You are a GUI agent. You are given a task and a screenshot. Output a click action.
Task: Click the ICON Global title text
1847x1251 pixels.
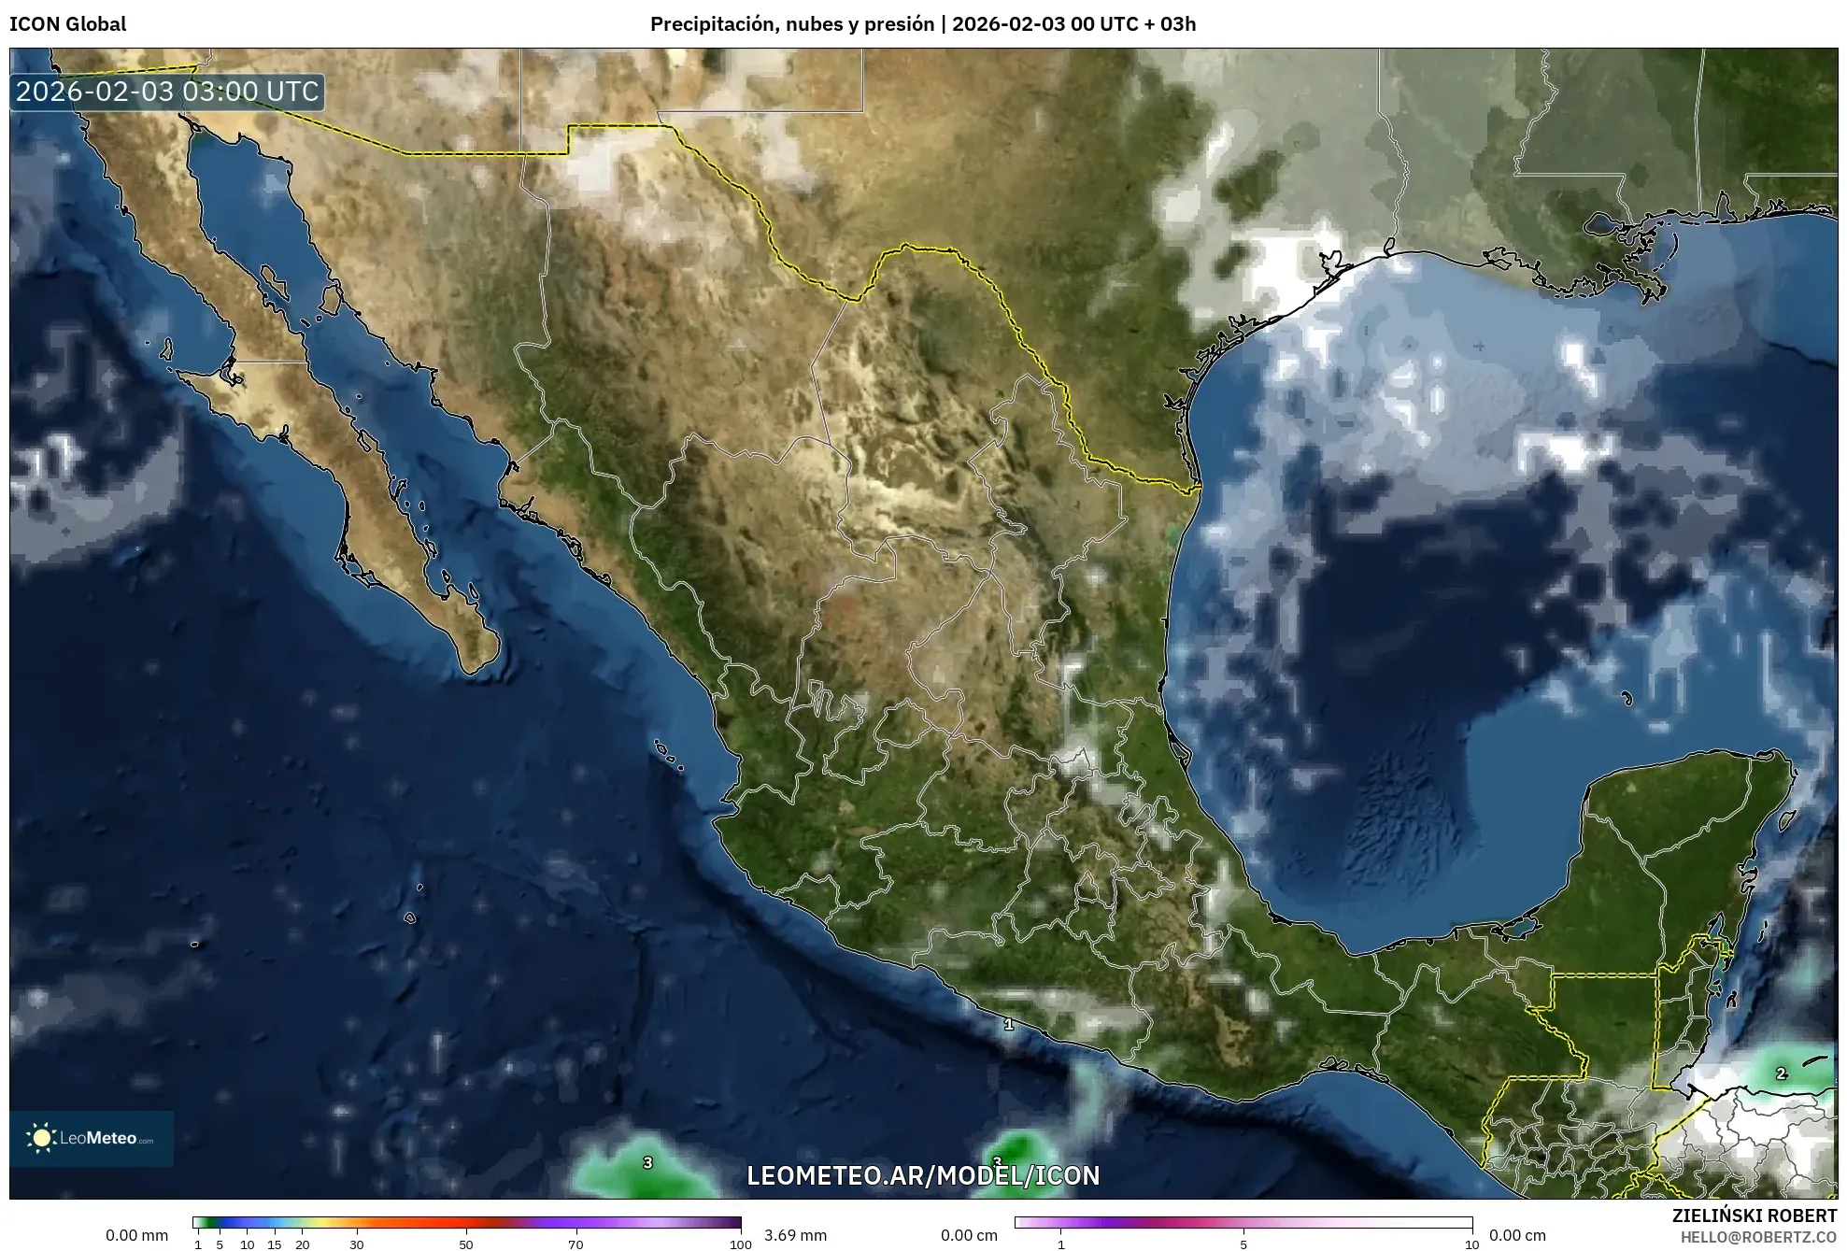point(67,24)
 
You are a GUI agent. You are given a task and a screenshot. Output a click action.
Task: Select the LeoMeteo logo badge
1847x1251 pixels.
point(92,1138)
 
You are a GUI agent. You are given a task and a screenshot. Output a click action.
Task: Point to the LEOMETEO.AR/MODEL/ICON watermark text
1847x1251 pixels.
point(923,1175)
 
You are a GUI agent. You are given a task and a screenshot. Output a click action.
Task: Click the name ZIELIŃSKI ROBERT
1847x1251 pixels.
point(1754,1215)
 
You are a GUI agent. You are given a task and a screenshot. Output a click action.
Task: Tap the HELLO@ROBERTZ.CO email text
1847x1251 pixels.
point(1758,1237)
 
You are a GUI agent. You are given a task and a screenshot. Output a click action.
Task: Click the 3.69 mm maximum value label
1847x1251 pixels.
point(795,1235)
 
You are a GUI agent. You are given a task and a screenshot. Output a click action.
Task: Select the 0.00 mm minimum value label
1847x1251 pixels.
point(136,1235)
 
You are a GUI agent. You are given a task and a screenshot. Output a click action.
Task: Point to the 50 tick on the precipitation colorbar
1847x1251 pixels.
point(466,1244)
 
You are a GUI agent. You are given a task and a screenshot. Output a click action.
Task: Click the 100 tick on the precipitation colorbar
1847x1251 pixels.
point(740,1244)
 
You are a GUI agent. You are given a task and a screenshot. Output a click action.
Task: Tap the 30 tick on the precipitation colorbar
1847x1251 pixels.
point(357,1244)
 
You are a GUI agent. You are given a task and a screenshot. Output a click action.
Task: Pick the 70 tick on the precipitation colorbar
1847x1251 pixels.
point(575,1244)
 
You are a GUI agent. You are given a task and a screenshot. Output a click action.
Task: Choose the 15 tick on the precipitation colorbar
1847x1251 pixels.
point(275,1244)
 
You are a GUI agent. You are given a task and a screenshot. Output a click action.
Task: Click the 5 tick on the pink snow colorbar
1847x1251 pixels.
point(1243,1244)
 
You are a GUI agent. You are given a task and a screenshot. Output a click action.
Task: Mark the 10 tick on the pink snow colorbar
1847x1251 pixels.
point(1471,1244)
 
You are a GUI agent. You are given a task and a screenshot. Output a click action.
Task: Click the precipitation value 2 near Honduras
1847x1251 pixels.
point(1781,1074)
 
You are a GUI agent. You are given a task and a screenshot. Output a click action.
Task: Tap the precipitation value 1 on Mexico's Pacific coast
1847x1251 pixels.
point(1009,1025)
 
